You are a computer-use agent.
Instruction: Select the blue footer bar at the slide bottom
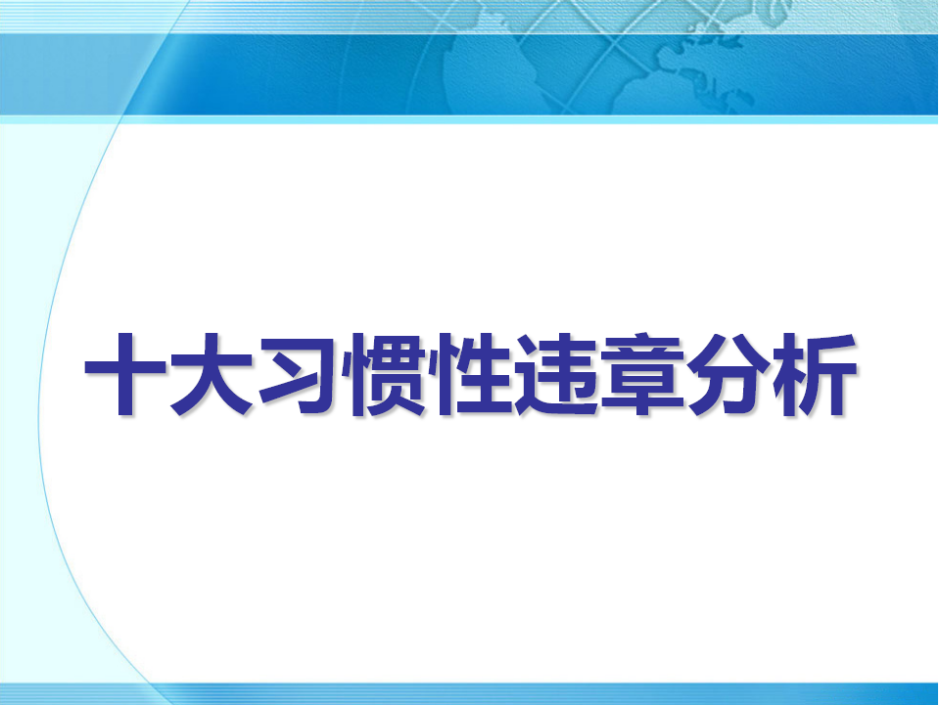[470, 693]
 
